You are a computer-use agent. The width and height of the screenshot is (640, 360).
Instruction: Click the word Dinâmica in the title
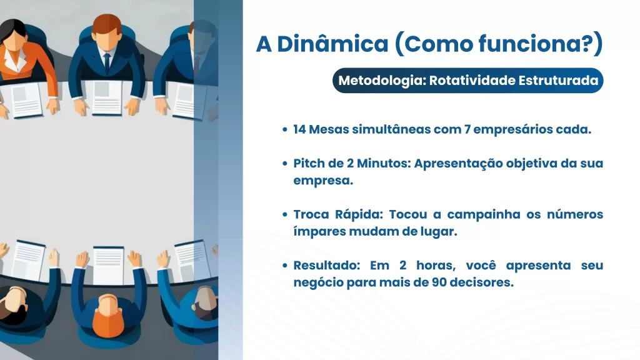coord(332,44)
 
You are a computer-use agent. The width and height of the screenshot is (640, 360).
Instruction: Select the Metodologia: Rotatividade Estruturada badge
coord(467,81)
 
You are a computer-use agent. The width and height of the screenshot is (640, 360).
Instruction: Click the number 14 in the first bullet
coord(299,129)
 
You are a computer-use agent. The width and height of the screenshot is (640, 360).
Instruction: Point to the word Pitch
coord(309,163)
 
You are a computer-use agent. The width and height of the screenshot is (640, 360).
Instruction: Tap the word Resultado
coord(326,265)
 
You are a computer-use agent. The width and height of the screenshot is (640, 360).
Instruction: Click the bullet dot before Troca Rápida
coord(285,214)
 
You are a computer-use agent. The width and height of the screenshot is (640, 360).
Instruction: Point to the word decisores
coord(482,282)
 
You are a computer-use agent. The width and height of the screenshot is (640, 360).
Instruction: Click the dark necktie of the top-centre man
coord(107,63)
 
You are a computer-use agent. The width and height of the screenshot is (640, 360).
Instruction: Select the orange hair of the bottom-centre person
coord(107,317)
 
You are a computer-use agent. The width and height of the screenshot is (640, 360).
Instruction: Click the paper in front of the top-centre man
coord(107,97)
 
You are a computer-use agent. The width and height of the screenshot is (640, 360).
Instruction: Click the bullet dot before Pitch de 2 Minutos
coord(285,163)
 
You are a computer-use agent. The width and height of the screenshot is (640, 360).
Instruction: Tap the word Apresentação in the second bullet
coord(458,164)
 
